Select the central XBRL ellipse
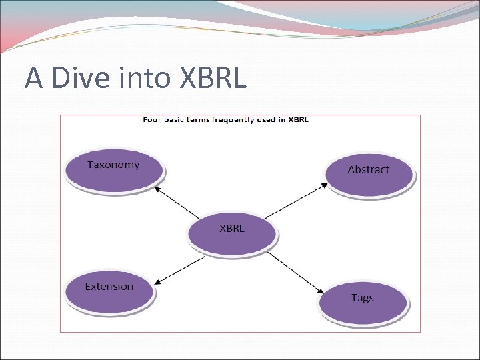(231, 233)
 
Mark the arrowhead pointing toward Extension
(159, 282)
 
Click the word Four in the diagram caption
(152, 120)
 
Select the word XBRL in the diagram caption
(297, 120)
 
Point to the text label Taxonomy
(113, 165)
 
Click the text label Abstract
(369, 169)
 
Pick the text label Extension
(109, 287)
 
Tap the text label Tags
(362, 298)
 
